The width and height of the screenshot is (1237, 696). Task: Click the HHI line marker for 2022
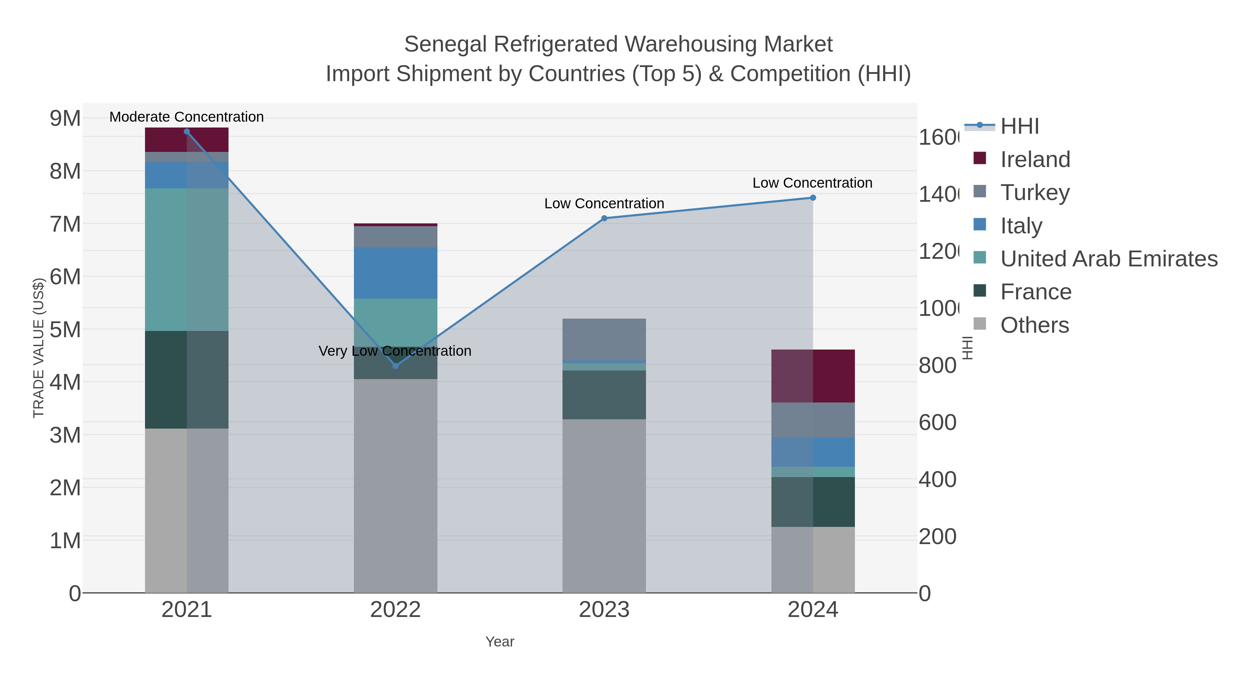point(395,366)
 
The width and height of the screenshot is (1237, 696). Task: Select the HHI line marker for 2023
point(604,219)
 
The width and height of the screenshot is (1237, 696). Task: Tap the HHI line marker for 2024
point(813,198)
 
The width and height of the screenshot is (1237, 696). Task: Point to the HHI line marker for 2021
point(187,132)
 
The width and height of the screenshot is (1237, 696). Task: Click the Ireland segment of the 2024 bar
point(813,376)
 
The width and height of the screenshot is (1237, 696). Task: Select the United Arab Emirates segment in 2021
point(187,259)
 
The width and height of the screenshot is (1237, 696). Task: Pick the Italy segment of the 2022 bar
point(395,273)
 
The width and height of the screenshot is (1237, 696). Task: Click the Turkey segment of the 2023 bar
point(604,339)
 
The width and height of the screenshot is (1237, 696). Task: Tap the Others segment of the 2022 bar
point(395,485)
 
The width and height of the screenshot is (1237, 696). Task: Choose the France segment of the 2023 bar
point(604,395)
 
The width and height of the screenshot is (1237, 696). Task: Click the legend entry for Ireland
point(1035,159)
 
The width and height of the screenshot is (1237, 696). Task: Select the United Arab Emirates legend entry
point(1108,259)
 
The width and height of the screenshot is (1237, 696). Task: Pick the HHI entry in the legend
point(1019,126)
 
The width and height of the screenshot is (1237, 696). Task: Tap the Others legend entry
point(1034,325)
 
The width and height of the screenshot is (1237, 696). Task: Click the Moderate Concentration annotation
point(187,117)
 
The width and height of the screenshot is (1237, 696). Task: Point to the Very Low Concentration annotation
point(395,351)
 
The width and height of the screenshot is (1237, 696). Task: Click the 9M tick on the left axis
point(65,118)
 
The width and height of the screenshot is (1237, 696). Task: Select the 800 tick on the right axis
point(937,366)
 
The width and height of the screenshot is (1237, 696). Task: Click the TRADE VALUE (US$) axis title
point(38,348)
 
